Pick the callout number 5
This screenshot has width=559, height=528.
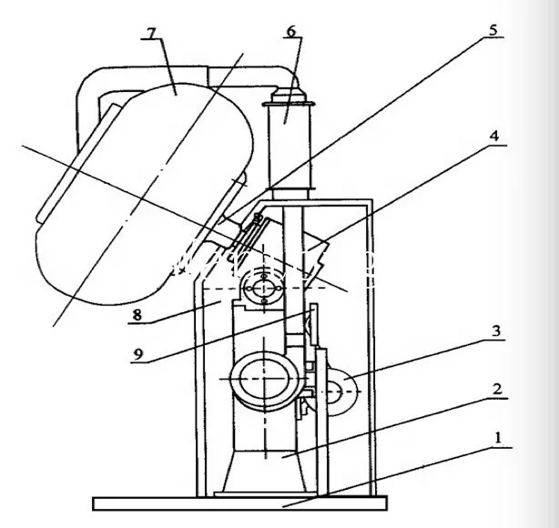tap(493, 30)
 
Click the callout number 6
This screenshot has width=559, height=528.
tap(290, 31)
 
